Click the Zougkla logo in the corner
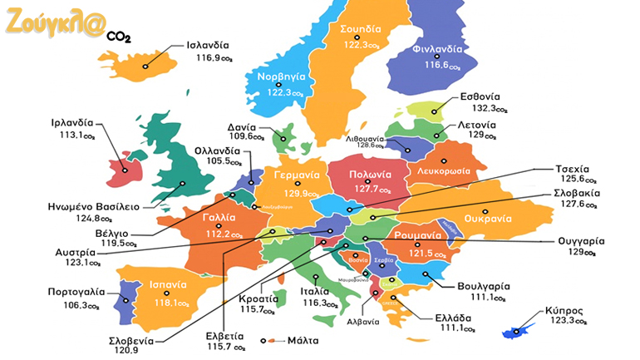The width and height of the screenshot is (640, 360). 57,24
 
